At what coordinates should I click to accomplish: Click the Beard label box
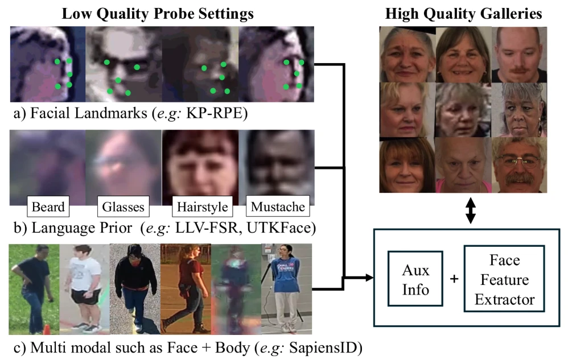coord(48,206)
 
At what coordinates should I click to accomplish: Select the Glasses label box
coord(123,206)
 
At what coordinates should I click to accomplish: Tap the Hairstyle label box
coord(202,206)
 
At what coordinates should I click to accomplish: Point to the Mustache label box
coord(278,206)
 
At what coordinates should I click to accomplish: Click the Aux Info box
coord(415,279)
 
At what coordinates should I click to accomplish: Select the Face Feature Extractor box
coord(504,279)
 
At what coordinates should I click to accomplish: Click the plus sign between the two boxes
coord(454,279)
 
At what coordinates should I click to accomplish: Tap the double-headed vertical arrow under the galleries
coord(470,210)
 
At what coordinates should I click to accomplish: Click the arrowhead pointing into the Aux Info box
coord(369,278)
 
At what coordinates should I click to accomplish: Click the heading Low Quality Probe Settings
coord(158,14)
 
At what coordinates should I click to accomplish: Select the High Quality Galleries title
coord(463,14)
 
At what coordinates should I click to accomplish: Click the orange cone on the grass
coord(46,330)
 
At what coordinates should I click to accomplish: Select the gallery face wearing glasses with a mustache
coord(519,165)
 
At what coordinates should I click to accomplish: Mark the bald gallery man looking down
coord(519,54)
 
